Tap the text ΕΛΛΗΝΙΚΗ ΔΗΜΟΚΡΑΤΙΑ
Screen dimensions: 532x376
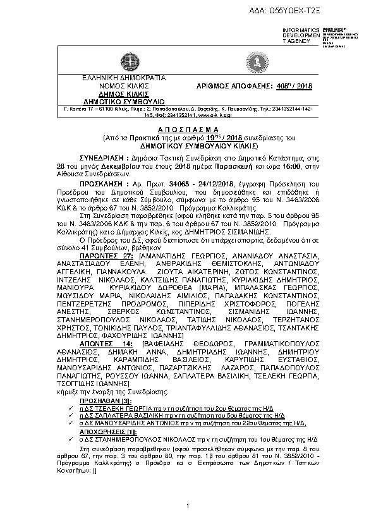pyautogui.click(x=115, y=78)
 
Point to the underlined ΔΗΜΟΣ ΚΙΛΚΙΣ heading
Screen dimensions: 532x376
pyautogui.click(x=115, y=93)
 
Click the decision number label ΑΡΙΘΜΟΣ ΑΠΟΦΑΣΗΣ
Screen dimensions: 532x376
pyautogui.click(x=227, y=85)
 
